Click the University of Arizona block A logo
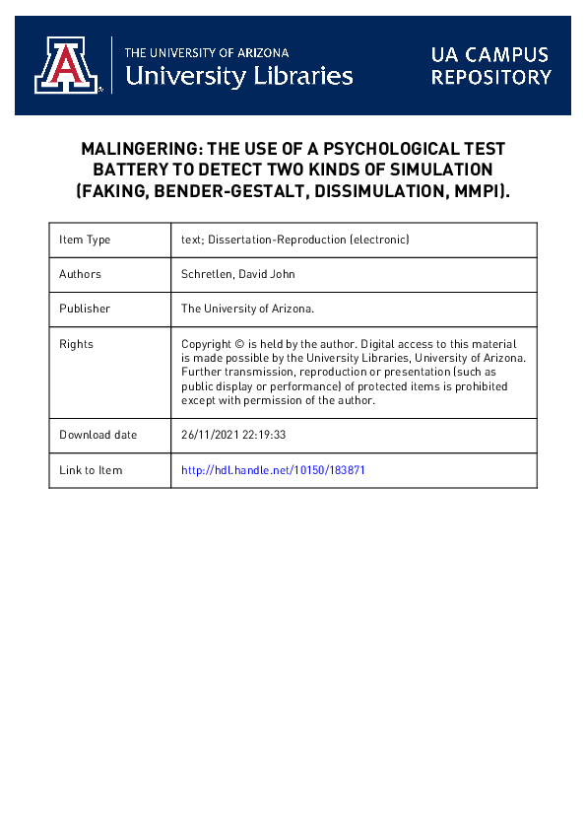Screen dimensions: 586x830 point(67,66)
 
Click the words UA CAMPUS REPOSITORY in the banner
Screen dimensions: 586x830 point(490,65)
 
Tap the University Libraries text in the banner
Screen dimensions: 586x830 point(239,75)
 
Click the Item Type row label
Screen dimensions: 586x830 point(85,240)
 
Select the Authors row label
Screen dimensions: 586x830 point(80,274)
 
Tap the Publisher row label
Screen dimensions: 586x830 point(85,309)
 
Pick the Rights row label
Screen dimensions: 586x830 point(76,344)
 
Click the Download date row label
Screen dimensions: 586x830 point(98,435)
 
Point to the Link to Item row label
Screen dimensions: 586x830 point(91,470)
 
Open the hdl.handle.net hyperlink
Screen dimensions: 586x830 point(273,470)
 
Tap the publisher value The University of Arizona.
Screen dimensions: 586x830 point(247,309)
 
